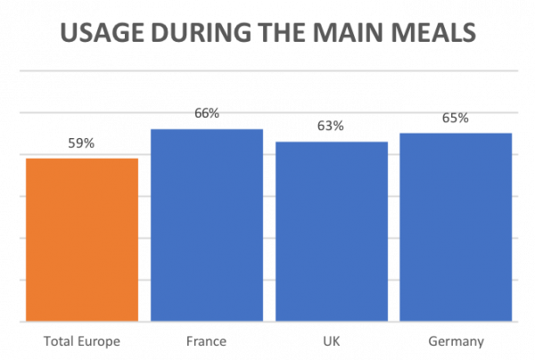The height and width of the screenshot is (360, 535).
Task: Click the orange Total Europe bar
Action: pyautogui.click(x=81, y=239)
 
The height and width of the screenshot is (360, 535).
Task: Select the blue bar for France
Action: pyautogui.click(x=206, y=225)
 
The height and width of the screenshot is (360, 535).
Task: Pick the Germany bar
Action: pyautogui.click(x=456, y=226)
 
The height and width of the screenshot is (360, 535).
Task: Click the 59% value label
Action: pyautogui.click(x=81, y=143)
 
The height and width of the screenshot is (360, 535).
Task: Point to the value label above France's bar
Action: pyautogui.click(x=206, y=114)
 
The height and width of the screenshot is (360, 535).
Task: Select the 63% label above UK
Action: pyautogui.click(x=331, y=127)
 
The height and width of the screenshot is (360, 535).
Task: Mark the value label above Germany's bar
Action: pyautogui.click(x=456, y=118)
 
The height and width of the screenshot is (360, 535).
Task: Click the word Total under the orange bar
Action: pyautogui.click(x=58, y=342)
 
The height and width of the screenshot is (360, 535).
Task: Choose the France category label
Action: pyautogui.click(x=206, y=342)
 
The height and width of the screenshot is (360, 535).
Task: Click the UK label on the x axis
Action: pyautogui.click(x=331, y=342)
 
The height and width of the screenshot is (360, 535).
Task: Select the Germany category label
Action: pyautogui.click(x=456, y=342)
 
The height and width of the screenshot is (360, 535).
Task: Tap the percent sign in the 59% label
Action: pyautogui.click(x=89, y=143)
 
